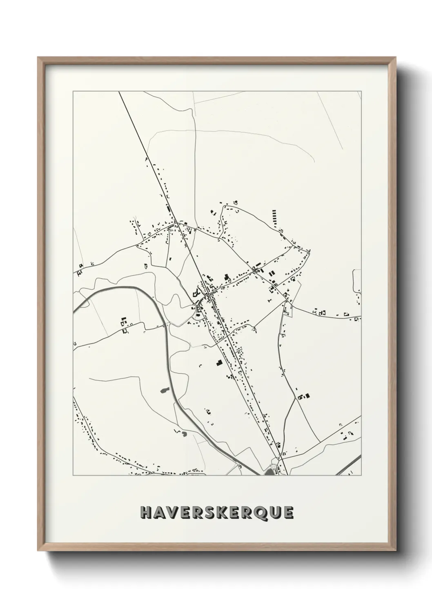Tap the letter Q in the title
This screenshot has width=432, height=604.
tap(257, 513)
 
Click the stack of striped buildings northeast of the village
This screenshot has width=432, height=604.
tap(274, 217)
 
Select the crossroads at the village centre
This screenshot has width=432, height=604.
tap(208, 293)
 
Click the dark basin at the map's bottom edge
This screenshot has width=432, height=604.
tap(270, 472)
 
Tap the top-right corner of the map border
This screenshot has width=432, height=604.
tap(361, 92)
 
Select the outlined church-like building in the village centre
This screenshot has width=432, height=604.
tap(196, 293)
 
